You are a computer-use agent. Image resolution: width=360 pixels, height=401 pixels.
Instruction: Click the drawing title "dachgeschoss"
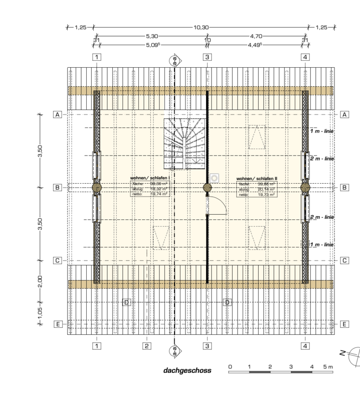tap(187, 371)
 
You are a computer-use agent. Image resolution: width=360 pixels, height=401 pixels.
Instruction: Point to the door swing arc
tap(218, 205)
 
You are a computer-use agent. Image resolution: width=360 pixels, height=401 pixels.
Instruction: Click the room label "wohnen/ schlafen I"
tap(149, 178)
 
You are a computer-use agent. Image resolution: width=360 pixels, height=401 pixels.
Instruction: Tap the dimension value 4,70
tap(256, 36)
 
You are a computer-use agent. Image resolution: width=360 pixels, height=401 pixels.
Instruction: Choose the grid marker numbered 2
tap(146, 346)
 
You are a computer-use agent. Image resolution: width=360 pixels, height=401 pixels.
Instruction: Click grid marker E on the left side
tap(58, 324)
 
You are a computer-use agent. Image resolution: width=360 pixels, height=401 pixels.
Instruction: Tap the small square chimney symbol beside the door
tap(215, 178)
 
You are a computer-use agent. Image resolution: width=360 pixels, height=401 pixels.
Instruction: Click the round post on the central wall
tap(207, 187)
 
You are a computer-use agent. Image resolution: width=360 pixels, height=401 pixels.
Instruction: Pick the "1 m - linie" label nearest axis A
tap(321, 131)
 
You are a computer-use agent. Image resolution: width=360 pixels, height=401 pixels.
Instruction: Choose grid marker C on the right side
tap(344, 260)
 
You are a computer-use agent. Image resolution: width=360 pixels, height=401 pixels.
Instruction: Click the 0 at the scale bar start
tap(230, 367)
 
